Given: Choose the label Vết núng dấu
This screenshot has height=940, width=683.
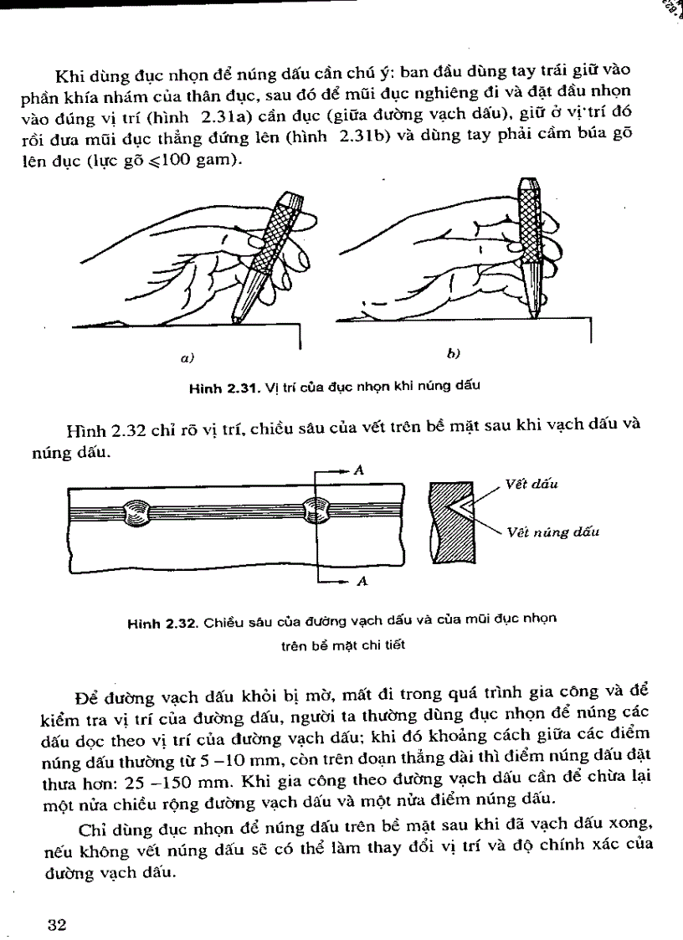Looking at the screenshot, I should click(552, 532).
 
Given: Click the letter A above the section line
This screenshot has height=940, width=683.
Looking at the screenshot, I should click(358, 470).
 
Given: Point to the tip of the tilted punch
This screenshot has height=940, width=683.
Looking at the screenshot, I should click(238, 321).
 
